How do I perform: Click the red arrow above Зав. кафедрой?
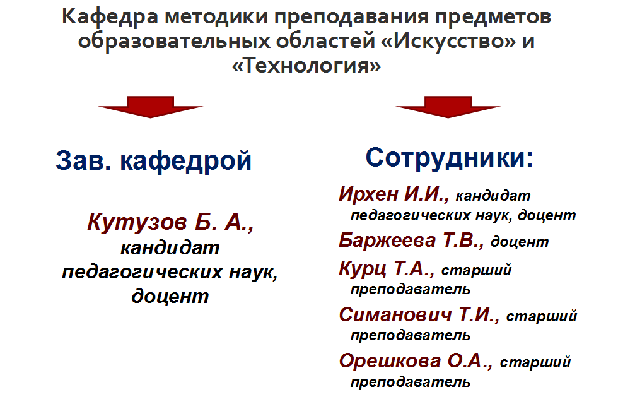(x=151, y=107)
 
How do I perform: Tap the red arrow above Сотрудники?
(x=448, y=107)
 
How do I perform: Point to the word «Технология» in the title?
(x=306, y=66)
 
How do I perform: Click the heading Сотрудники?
(x=449, y=157)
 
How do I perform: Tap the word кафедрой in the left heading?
(x=185, y=162)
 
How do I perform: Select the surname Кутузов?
(x=137, y=222)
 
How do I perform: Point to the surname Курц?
(x=363, y=270)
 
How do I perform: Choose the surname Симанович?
(x=395, y=315)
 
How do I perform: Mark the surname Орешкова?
(x=390, y=361)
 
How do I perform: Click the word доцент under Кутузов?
(x=170, y=296)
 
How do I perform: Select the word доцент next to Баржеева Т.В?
(x=520, y=241)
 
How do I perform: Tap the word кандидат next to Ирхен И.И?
(x=493, y=196)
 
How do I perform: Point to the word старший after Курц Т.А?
(x=476, y=271)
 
